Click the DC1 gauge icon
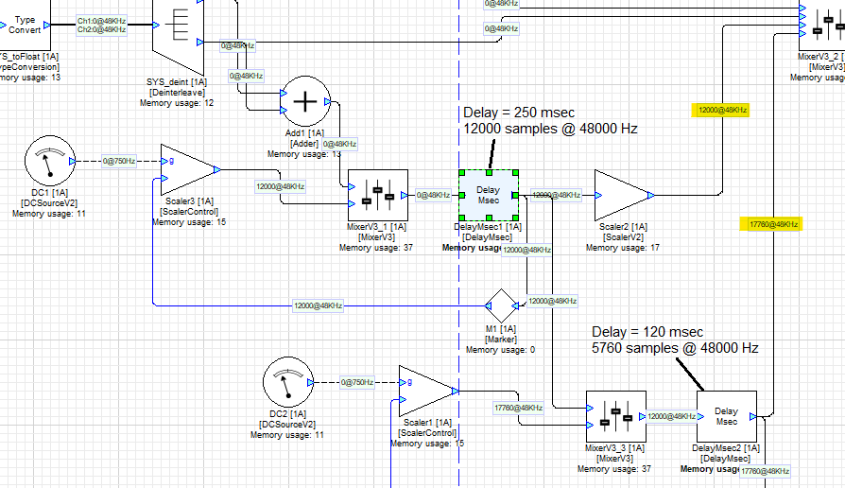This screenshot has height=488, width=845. click(46, 162)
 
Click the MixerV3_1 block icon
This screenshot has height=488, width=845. click(377, 195)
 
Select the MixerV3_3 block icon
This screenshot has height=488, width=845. click(615, 415)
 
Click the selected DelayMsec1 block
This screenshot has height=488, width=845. click(488, 195)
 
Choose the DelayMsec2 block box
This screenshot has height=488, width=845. click(726, 415)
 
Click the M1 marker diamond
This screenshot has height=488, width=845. click(503, 305)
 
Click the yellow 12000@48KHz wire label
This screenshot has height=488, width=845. click(721, 111)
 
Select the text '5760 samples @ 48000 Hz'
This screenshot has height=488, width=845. click(675, 348)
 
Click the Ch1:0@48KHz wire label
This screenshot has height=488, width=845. click(101, 19)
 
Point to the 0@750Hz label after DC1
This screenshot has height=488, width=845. click(120, 162)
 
